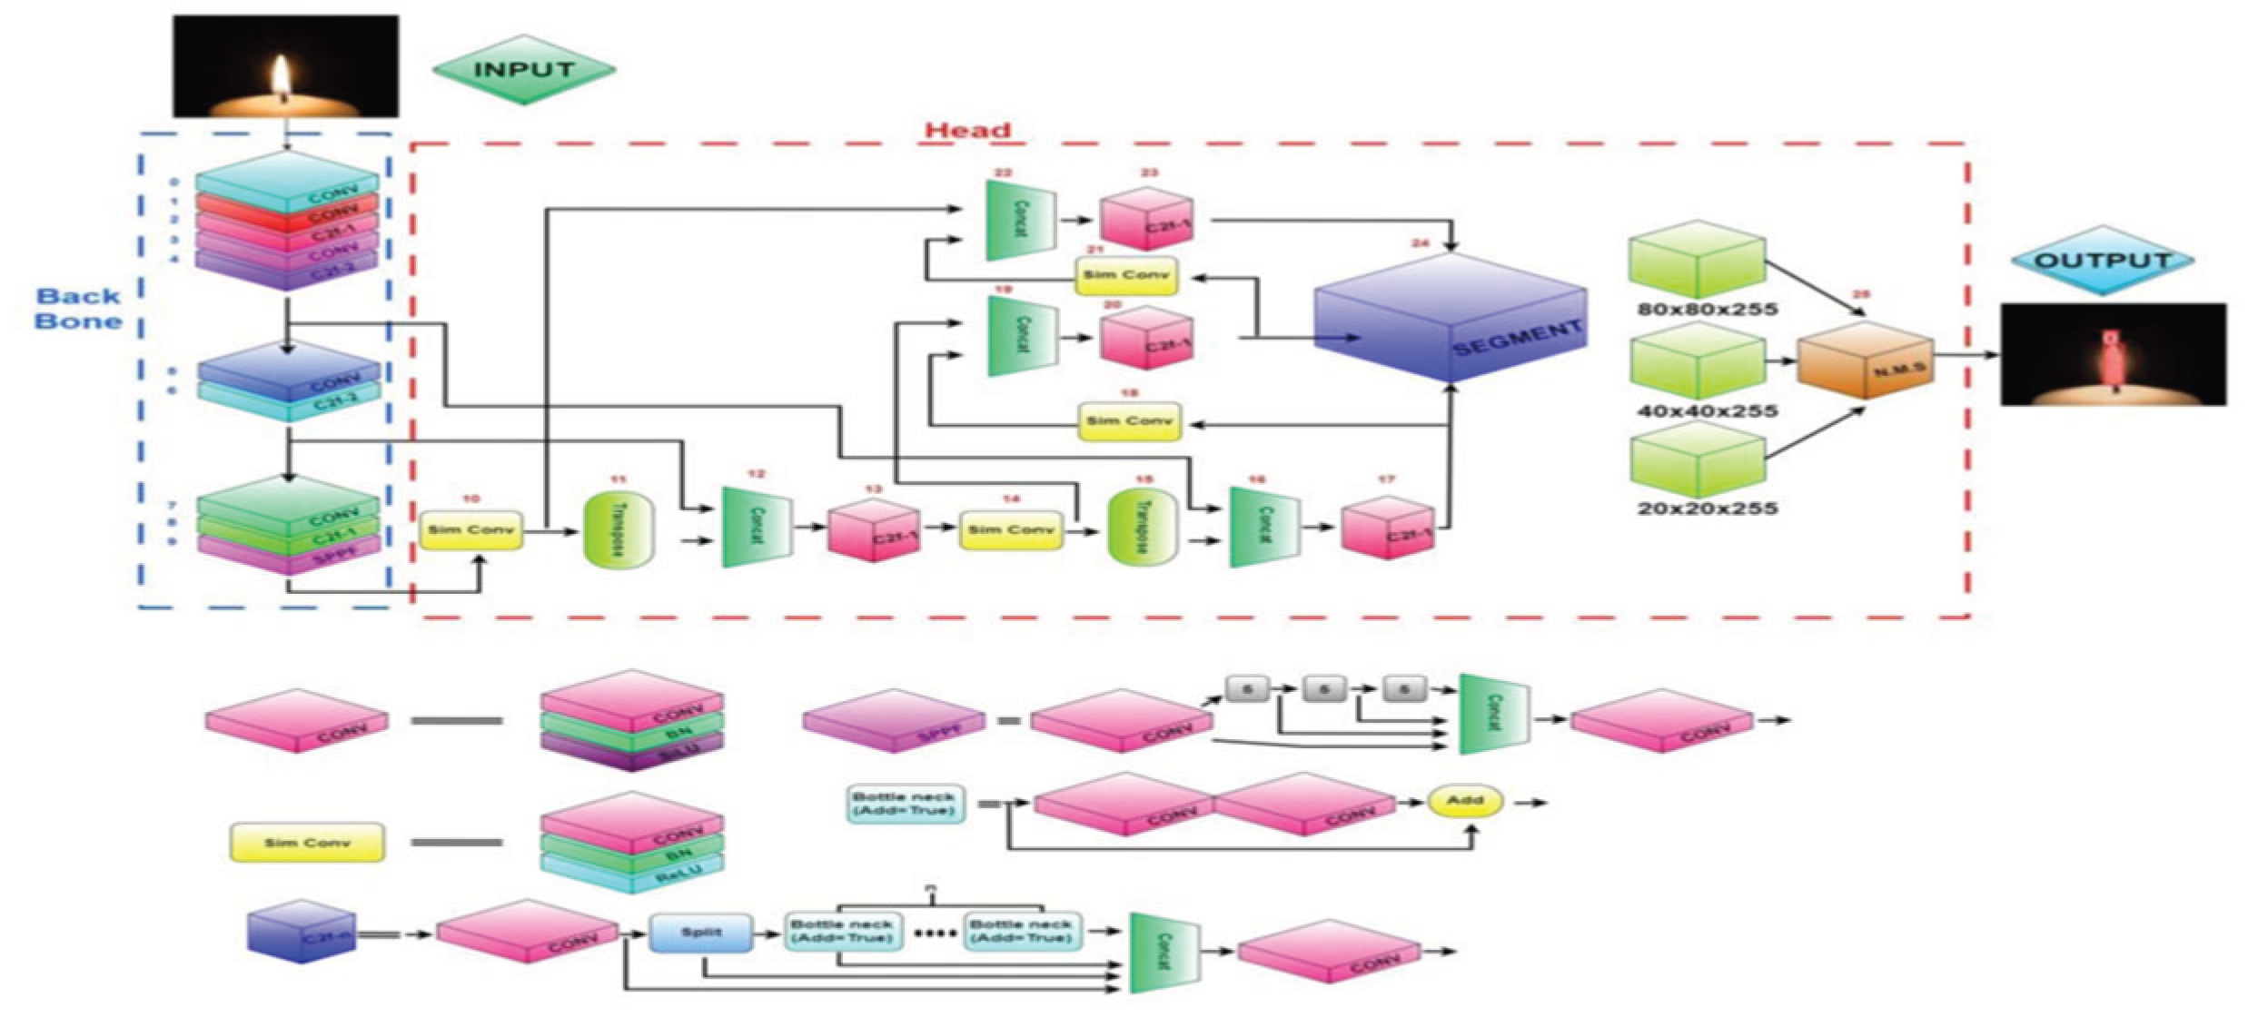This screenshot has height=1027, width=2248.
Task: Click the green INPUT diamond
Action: pos(523,69)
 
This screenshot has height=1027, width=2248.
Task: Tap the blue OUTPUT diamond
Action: pos(2102,261)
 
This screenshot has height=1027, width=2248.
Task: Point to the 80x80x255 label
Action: pos(1707,310)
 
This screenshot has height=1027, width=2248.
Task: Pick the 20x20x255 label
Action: pos(1707,509)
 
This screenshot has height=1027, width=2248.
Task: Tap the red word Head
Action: pos(967,130)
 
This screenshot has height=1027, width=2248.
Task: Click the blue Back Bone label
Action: pos(79,309)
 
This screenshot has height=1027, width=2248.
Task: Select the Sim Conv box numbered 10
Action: pos(470,529)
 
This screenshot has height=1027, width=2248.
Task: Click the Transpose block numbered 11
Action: pos(619,530)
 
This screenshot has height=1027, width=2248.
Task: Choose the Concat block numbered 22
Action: pos(1019,220)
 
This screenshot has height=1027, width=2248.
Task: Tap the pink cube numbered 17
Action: pos(1388,528)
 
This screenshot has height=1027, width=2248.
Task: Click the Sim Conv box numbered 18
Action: pos(1129,421)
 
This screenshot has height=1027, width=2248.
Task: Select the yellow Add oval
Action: pos(1464,801)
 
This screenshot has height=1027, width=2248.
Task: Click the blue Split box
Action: pos(700,933)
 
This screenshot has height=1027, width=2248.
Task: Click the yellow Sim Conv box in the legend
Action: pos(306,843)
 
